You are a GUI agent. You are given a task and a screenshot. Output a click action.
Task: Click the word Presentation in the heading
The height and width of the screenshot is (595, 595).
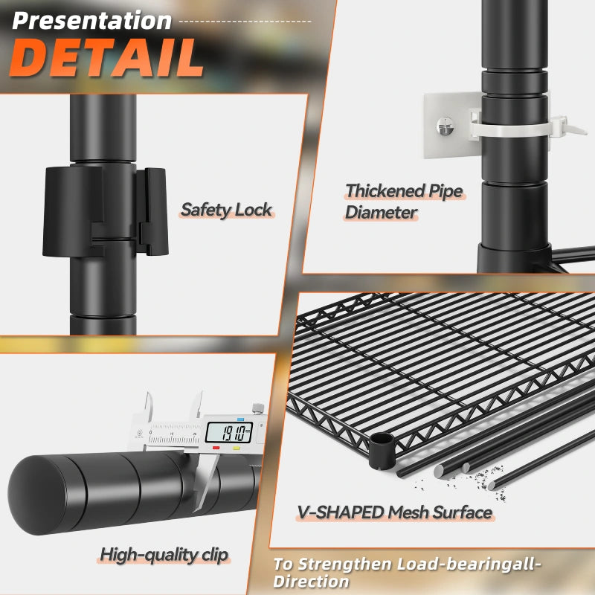point(91,21)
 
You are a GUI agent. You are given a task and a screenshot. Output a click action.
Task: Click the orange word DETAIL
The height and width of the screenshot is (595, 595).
point(106,58)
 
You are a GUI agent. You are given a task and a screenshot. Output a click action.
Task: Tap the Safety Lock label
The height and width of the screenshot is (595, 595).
point(227,210)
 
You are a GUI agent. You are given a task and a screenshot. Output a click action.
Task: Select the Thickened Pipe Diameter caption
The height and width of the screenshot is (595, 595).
point(404,201)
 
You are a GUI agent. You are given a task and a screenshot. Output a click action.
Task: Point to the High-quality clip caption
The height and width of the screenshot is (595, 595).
point(164,555)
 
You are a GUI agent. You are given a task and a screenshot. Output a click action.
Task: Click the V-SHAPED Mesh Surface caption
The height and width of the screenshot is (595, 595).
point(394,512)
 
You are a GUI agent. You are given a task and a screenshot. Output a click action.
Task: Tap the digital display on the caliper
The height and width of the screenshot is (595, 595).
point(229,433)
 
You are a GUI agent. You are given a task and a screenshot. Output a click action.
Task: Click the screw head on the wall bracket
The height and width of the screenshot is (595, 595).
point(446,126)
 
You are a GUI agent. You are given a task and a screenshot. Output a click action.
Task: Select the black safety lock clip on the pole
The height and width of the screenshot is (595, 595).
point(105,210)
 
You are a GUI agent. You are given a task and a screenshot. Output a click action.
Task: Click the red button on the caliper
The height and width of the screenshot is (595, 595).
point(216,448)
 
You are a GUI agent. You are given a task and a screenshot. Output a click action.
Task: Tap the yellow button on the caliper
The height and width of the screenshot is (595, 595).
point(237,448)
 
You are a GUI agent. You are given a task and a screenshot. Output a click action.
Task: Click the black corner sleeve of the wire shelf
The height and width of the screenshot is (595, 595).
point(382,451)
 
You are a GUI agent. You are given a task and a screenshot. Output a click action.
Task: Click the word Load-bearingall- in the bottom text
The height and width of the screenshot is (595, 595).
point(469,565)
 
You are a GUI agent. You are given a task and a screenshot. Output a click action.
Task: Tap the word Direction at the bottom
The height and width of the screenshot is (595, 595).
point(311,582)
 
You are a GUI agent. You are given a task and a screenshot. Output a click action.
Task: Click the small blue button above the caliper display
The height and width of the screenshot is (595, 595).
point(240,419)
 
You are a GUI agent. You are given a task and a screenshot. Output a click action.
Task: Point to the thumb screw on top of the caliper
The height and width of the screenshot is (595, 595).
point(258,408)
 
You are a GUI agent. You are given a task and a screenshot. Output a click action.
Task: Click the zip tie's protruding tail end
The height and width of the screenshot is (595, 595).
point(573,127)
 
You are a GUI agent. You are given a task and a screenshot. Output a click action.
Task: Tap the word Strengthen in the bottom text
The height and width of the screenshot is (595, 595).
point(344,565)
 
